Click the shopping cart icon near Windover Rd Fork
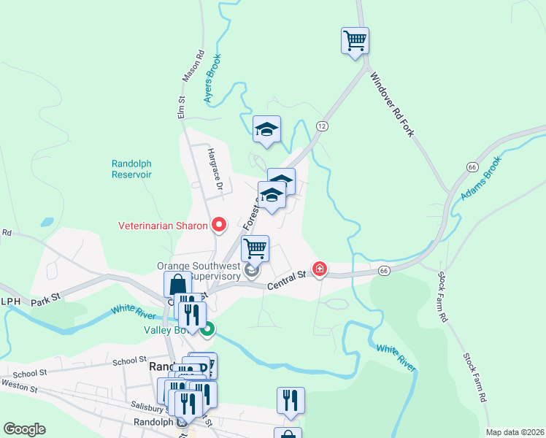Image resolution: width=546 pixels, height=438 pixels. (x=355, y=40)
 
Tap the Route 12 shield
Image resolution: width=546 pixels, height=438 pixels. (x=321, y=126)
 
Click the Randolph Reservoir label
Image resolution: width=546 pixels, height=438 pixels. (x=131, y=169)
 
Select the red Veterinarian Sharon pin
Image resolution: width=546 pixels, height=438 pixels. (x=218, y=224)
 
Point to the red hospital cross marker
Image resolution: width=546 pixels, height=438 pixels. (x=320, y=269)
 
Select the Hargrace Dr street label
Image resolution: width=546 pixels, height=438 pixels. (x=214, y=169)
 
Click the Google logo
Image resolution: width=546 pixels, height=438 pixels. (x=24, y=429)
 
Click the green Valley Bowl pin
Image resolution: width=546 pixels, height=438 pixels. (x=207, y=329)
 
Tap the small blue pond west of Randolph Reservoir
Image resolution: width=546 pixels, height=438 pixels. (x=47, y=221)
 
